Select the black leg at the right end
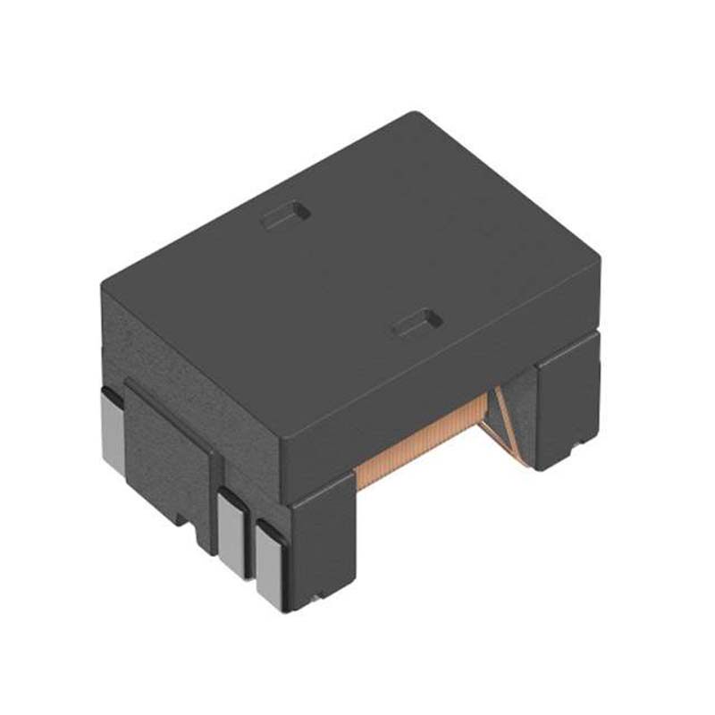[x=567, y=402]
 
